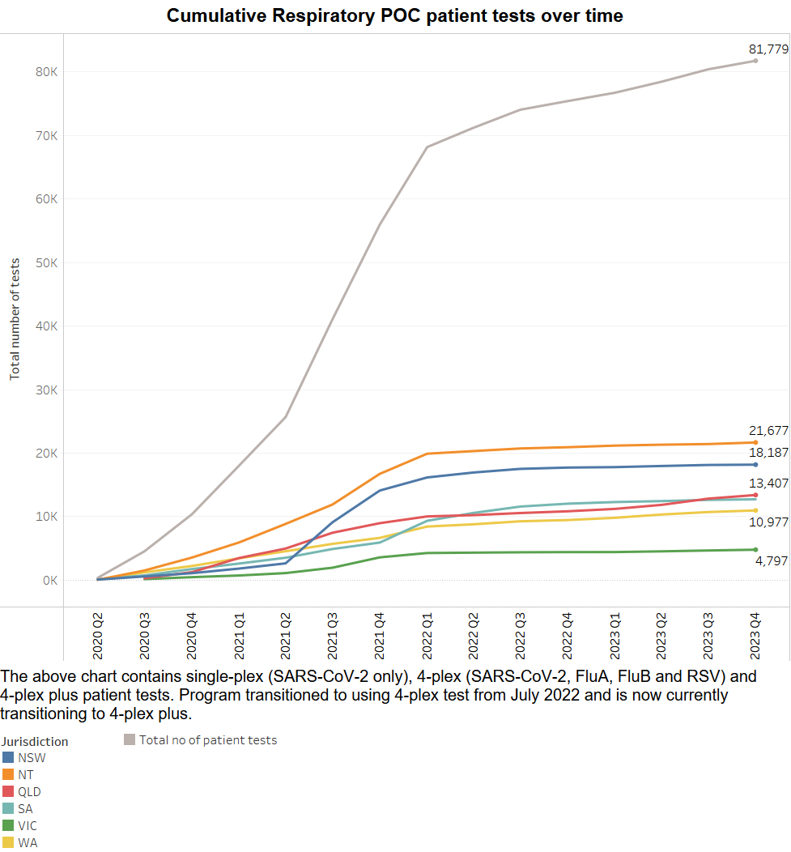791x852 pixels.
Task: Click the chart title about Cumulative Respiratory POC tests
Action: click(x=395, y=15)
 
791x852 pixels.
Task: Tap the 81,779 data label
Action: click(x=768, y=49)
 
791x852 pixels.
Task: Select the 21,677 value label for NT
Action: click(x=768, y=431)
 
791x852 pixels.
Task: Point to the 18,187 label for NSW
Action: click(x=768, y=453)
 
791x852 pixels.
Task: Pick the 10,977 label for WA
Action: click(x=768, y=522)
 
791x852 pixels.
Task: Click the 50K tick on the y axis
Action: click(x=45, y=262)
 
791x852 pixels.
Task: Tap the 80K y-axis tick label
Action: click(x=45, y=71)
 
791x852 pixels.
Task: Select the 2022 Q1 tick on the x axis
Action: click(x=427, y=637)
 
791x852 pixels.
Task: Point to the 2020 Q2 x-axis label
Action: click(x=98, y=637)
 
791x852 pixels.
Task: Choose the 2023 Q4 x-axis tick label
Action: click(x=755, y=637)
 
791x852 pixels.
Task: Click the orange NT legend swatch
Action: click(x=8, y=774)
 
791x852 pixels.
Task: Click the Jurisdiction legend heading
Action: click(x=34, y=741)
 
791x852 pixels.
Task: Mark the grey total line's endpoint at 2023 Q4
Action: click(x=755, y=61)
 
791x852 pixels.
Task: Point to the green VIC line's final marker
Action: click(x=755, y=550)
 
